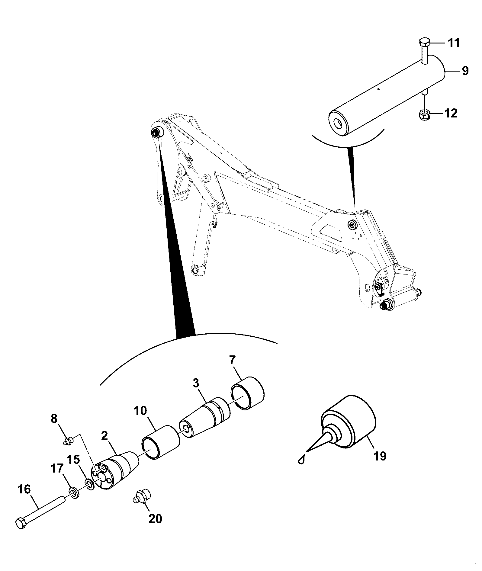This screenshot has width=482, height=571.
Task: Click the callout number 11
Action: (453, 43)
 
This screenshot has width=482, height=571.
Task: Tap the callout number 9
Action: (465, 71)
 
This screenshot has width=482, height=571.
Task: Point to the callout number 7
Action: (232, 360)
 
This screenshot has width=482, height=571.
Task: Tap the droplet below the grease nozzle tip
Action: (301, 468)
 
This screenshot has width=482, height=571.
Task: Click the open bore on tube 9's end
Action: (338, 124)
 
